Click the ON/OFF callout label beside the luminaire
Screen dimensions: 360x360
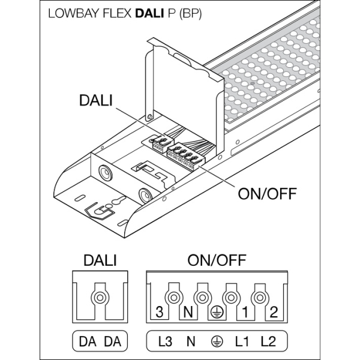pos(265,194)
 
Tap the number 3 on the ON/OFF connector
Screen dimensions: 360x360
pos(158,312)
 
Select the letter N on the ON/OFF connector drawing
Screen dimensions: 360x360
pos(188,312)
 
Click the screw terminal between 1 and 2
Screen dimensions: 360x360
pos(259,298)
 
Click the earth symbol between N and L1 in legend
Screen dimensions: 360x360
pos(215,343)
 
